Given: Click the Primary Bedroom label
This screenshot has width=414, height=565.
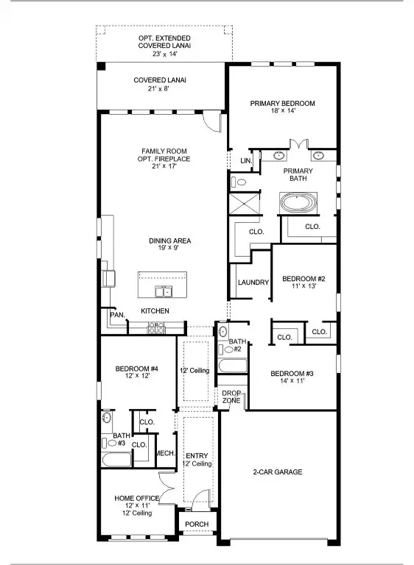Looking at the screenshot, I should pos(282,104).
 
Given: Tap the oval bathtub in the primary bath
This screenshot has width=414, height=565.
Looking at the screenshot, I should pos(298,202).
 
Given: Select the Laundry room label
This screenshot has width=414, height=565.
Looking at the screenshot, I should pos(252,282).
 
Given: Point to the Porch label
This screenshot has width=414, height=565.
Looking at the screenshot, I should pos(197,525).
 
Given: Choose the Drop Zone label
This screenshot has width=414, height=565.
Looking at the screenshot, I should pos(232,396).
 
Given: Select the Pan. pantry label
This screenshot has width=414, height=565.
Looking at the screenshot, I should pos(117,315).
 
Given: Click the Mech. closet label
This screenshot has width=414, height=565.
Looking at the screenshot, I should pos(165,453).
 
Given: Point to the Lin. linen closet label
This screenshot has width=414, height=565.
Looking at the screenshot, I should pos(245,160).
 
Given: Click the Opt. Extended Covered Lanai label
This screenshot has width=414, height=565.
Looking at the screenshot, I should pos(164,42).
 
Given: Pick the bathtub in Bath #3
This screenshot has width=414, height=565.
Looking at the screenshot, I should pos(116,460).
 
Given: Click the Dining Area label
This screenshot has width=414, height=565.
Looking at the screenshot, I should pos(171,241).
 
